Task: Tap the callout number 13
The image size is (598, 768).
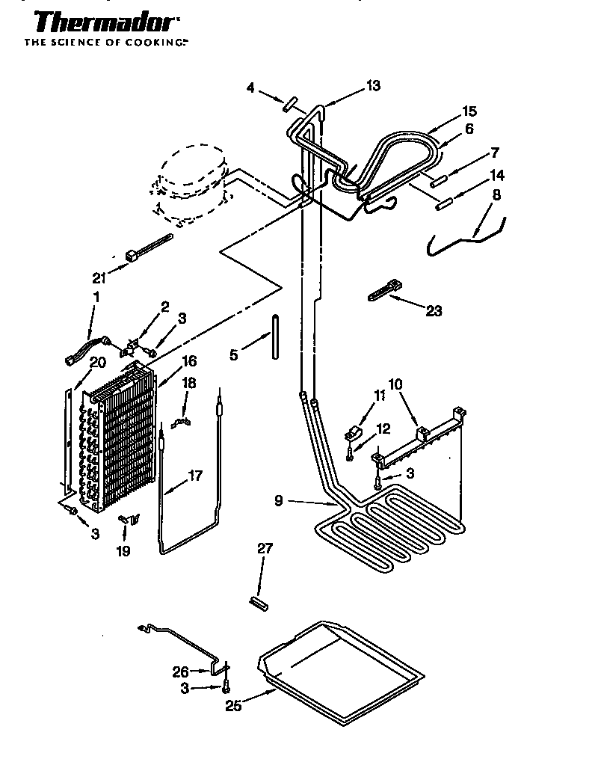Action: (372, 86)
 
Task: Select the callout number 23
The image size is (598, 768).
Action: (433, 310)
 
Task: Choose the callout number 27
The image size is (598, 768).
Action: (265, 549)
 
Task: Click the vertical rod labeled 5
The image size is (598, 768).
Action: (277, 339)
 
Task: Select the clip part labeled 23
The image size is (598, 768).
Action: (384, 291)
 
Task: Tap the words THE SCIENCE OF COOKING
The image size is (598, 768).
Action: (105, 43)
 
